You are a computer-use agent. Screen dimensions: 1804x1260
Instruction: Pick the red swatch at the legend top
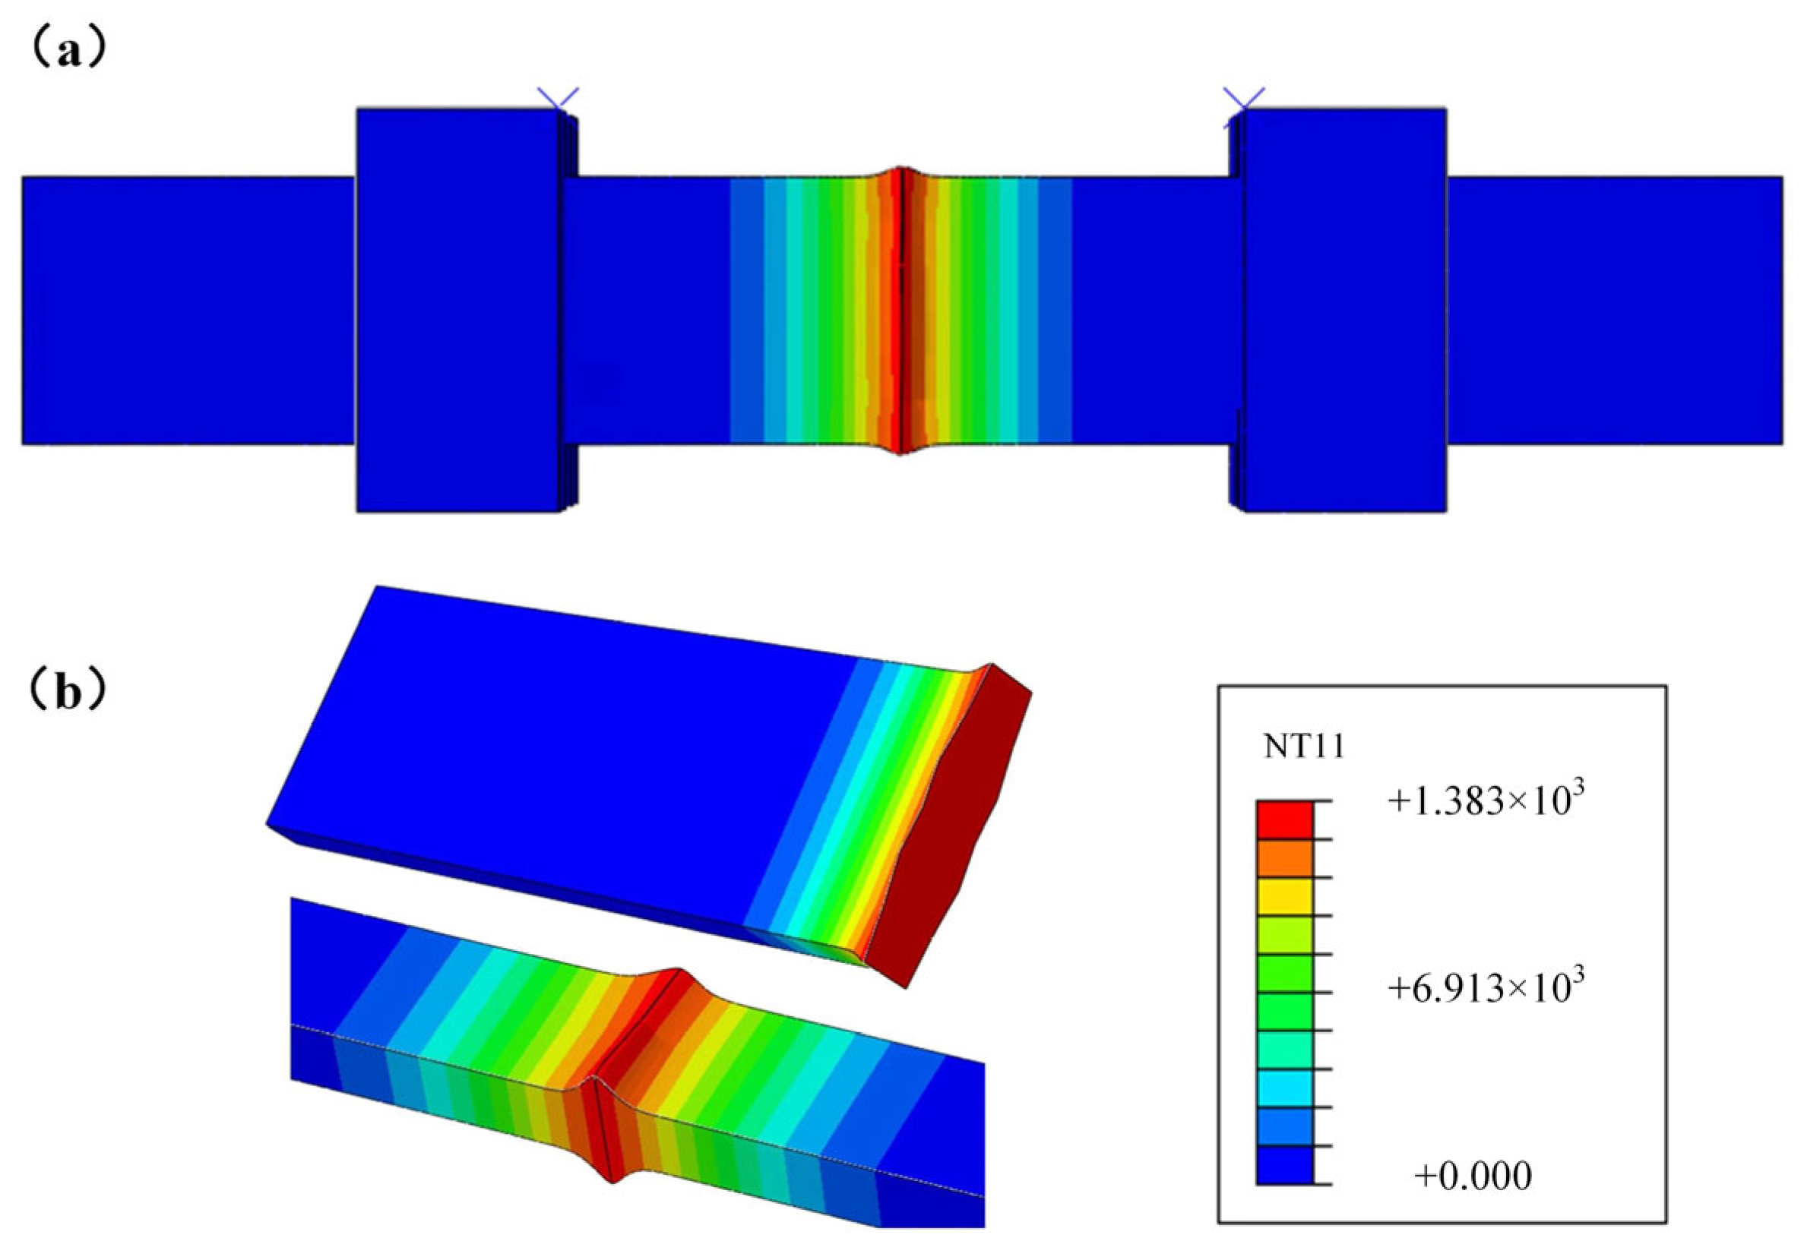pos(1284,820)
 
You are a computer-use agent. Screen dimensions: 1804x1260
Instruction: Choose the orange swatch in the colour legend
pos(1284,858)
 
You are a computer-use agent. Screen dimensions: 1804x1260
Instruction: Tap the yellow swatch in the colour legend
pos(1284,896)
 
